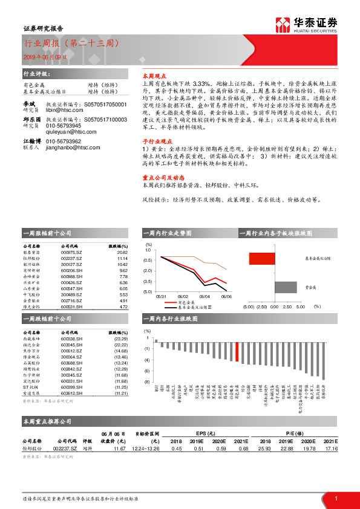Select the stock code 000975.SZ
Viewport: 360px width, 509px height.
[71, 253]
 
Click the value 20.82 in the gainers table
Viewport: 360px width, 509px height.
[122, 253]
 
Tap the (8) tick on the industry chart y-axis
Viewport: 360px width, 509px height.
[148, 381]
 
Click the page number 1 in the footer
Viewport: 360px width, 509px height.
[335, 499]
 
